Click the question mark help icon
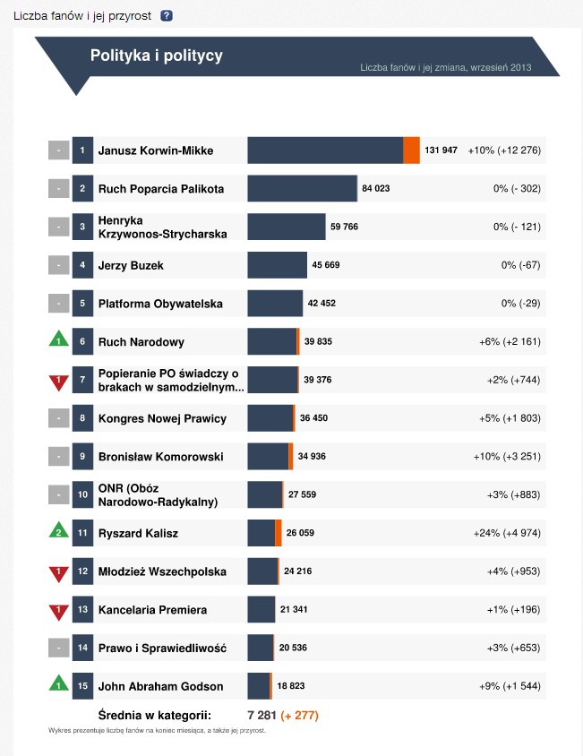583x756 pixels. (167, 15)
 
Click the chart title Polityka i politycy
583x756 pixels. (157, 56)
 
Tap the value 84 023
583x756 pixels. (375, 189)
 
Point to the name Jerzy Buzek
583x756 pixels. (131, 265)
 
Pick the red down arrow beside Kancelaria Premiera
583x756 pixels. (58, 611)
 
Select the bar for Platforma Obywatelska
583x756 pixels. (276, 304)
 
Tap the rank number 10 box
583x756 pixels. (82, 495)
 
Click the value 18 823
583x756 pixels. (292, 687)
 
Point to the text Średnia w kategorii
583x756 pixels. (154, 715)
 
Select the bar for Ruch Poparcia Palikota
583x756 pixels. (302, 189)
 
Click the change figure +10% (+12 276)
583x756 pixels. (504, 150)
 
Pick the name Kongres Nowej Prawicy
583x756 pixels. (162, 418)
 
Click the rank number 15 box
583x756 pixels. (82, 687)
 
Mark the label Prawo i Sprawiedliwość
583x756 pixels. (162, 649)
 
